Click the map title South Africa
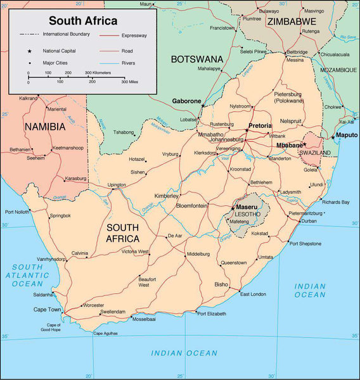83,21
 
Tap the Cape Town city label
48,310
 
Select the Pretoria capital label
260,126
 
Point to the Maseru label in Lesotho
246,207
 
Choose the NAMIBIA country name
45,127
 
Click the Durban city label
309,221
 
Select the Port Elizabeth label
211,313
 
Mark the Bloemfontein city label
192,206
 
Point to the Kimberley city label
167,196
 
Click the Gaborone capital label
186,101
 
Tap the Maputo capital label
347,135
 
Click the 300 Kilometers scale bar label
98,72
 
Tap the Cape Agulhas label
106,333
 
